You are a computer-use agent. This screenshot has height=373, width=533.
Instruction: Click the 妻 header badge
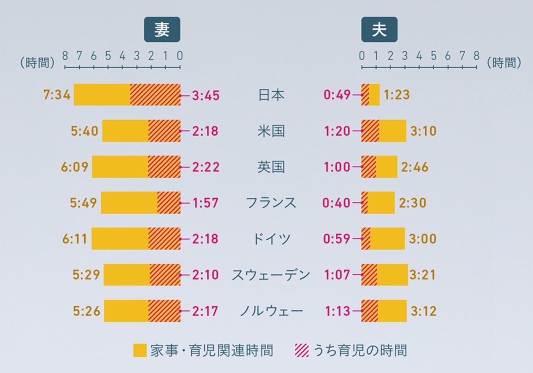[162, 30]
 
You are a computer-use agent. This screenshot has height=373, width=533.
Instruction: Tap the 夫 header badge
[379, 30]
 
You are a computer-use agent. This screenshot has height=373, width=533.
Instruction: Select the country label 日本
[271, 95]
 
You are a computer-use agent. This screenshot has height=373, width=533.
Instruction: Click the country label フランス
[271, 203]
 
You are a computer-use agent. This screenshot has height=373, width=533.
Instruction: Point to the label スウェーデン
[271, 275]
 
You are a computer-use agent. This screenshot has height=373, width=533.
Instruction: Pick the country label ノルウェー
[271, 311]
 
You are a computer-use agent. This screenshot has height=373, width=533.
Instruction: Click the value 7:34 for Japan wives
[57, 95]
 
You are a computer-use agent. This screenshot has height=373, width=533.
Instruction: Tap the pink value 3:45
[206, 95]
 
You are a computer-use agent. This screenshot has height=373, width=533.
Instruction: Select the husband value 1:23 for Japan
[397, 95]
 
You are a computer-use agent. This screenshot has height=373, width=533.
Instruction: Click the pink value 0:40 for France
[336, 203]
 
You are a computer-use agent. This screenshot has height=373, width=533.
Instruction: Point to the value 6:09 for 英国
[75, 167]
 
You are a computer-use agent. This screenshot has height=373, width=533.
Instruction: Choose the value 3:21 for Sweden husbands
[423, 275]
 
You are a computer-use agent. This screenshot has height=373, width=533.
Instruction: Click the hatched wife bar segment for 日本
[155, 95]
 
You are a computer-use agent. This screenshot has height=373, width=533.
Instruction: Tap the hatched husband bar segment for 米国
[370, 131]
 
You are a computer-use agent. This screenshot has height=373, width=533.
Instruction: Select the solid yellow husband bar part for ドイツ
[387, 239]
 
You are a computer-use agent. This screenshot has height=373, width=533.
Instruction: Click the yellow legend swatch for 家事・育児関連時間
[140, 351]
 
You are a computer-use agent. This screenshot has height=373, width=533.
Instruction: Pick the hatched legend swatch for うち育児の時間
[302, 351]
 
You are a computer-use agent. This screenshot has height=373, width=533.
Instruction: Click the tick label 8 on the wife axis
[65, 56]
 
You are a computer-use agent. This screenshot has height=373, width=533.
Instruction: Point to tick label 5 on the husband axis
[434, 56]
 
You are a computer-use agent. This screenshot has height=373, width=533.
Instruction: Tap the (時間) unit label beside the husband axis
[504, 63]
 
